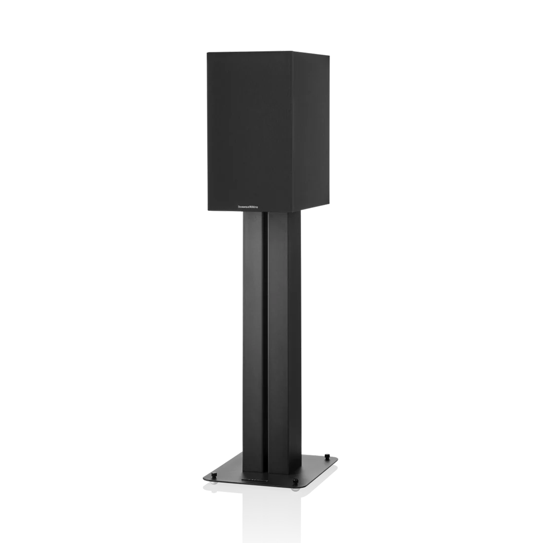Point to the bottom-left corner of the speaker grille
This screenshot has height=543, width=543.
[x=208, y=210]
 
